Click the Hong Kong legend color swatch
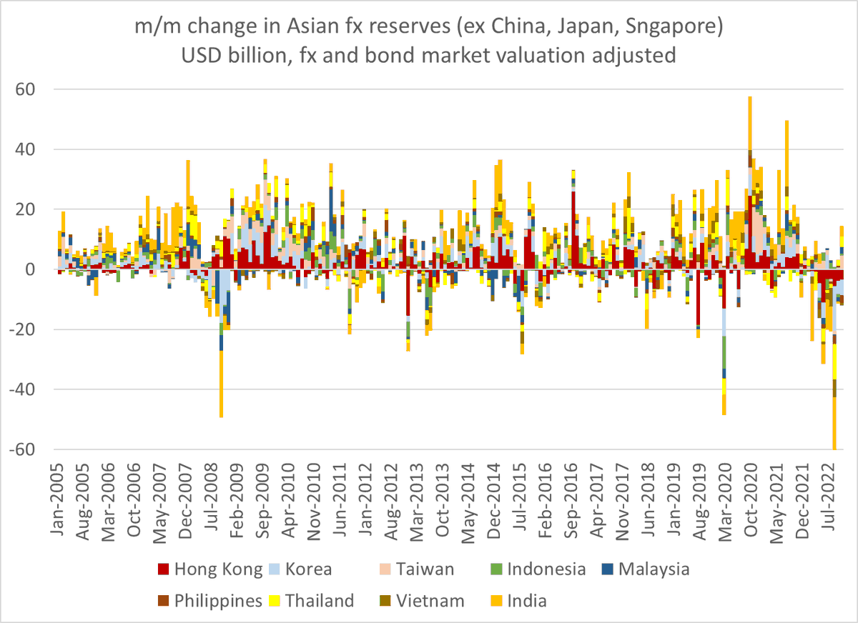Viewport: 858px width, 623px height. [x=162, y=569]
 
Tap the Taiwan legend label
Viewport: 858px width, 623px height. [x=427, y=569]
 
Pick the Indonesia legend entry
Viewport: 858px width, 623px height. [x=546, y=569]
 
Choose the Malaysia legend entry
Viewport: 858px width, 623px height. [x=654, y=569]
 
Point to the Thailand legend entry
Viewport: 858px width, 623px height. [x=320, y=600]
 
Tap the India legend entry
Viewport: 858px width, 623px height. [x=528, y=600]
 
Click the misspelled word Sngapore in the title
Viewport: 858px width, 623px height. [x=668, y=28]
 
